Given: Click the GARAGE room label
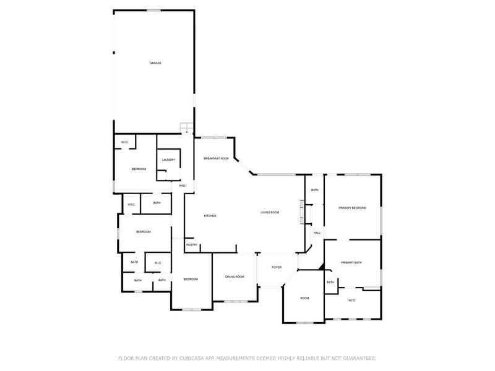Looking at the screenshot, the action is click(x=155, y=63).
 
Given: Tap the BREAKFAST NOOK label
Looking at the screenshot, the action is click(x=216, y=158).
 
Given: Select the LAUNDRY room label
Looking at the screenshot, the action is click(x=168, y=160).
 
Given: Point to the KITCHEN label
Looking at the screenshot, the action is click(x=210, y=216).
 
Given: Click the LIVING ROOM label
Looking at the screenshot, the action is click(x=270, y=212).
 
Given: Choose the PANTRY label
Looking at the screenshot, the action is click(x=192, y=245).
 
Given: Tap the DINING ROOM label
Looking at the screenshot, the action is click(x=235, y=276).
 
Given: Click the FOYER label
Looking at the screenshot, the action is click(x=277, y=267).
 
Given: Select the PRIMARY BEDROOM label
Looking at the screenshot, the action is click(x=352, y=208).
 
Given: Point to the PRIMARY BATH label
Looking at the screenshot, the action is click(x=351, y=262).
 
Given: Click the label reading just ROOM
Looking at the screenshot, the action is click(x=304, y=298).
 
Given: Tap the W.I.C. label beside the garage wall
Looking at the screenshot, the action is click(x=125, y=142).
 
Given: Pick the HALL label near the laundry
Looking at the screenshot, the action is click(x=182, y=185).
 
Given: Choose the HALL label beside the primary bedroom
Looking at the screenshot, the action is click(x=317, y=233).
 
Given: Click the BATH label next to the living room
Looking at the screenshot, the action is click(x=315, y=190).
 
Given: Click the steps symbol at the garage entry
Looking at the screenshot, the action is click(x=187, y=128).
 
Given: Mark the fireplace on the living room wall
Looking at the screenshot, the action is click(x=303, y=212).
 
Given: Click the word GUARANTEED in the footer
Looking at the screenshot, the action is click(x=360, y=358).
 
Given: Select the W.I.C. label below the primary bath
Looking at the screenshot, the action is click(x=352, y=301).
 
